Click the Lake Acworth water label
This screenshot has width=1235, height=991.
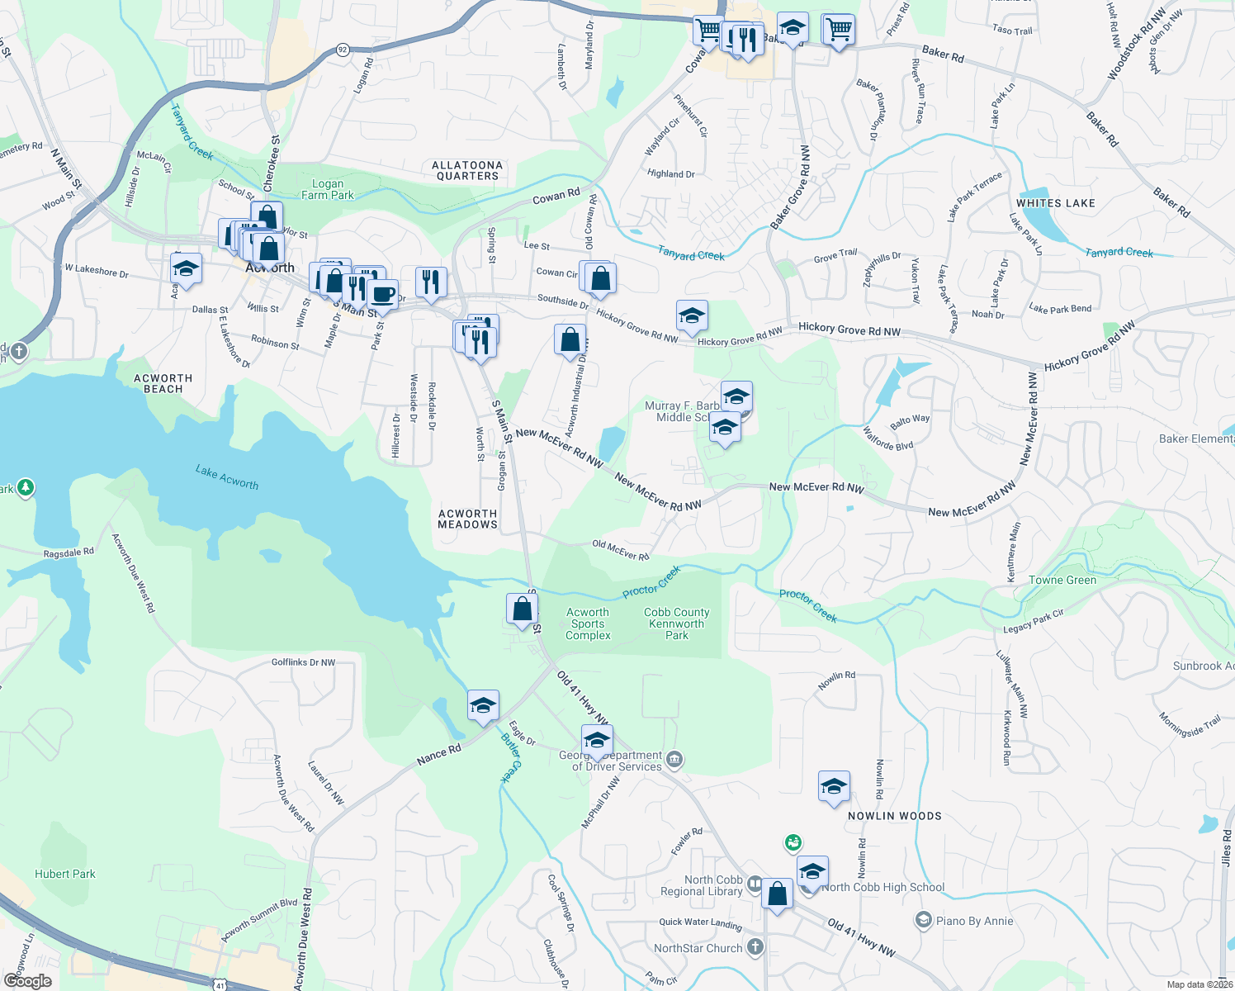tap(227, 477)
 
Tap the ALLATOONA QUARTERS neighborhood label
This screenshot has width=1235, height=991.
tap(467, 171)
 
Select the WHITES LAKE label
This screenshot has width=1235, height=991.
tap(1055, 203)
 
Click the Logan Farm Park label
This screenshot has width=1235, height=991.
tap(328, 190)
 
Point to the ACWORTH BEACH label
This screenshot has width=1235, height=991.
tap(163, 383)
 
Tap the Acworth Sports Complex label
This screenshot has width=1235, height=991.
tap(588, 624)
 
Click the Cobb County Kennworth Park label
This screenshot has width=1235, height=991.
tap(677, 624)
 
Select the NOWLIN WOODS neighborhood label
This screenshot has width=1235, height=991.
tap(894, 816)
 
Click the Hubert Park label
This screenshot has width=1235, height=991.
tap(65, 874)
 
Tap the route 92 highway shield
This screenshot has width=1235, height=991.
tap(343, 50)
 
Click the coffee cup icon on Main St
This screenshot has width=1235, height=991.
tap(382, 294)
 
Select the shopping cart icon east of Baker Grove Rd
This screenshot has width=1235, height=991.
tap(838, 30)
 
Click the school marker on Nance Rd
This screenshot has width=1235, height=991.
tap(483, 705)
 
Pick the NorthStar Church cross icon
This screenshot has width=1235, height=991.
tap(755, 947)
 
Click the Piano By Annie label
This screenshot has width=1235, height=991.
tap(974, 921)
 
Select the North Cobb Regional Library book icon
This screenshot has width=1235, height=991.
tap(755, 885)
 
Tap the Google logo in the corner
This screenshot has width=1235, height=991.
tap(27, 981)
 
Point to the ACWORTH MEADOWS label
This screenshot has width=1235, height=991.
tap(467, 519)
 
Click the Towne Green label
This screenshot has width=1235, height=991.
tap(1062, 580)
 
